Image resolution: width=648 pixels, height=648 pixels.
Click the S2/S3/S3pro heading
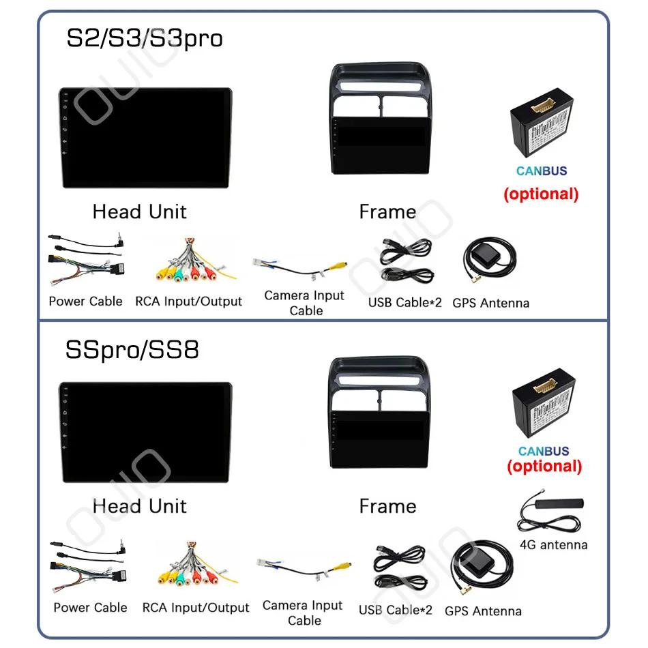144,38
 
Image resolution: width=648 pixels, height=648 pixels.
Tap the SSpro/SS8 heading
132,350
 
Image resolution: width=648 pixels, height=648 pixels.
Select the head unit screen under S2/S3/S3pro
145,139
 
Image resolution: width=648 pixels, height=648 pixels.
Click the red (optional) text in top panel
541,194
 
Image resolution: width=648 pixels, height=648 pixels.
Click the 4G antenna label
553,544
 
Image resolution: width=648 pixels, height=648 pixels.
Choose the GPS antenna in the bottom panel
482,571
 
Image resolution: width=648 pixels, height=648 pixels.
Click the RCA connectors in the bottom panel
194,570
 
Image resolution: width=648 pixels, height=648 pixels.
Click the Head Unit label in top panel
139,211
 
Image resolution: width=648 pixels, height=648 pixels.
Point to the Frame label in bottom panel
387,506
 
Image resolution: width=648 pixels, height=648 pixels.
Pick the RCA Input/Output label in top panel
188,301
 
